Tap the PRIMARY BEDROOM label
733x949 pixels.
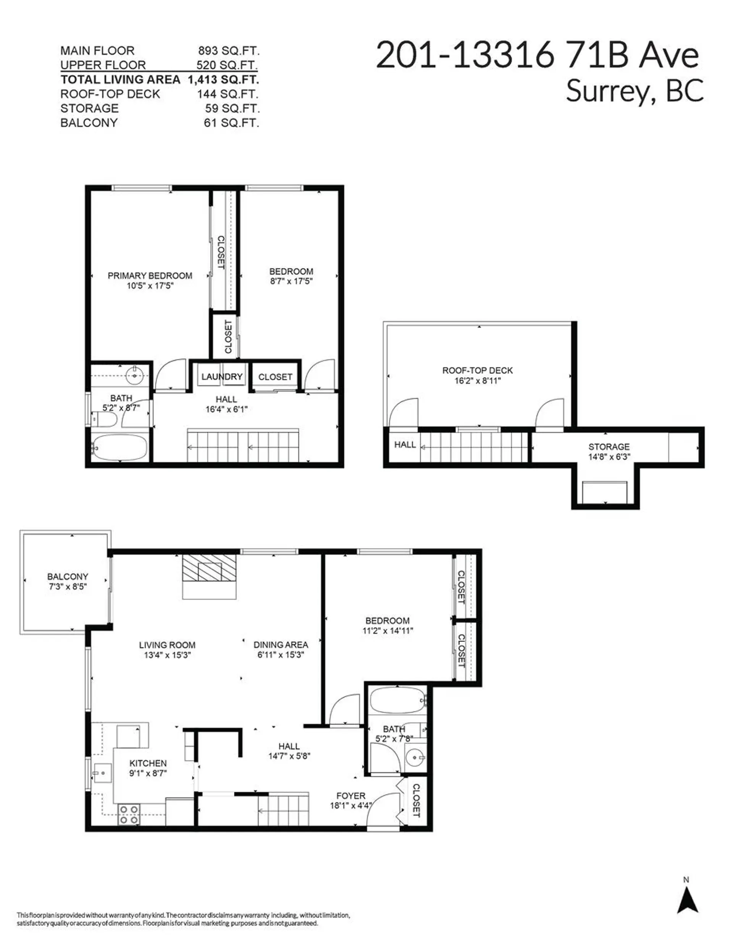coord(150,275)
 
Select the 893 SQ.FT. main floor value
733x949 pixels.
coord(229,51)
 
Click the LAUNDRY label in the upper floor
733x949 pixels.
coord(221,377)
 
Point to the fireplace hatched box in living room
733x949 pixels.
coord(209,567)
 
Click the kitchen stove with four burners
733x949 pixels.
coord(129,814)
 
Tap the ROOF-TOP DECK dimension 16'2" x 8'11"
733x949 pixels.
coord(478,381)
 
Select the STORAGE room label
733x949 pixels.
coord(609,447)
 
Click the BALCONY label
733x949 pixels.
coord(68,577)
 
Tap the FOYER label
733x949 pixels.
coord(350,796)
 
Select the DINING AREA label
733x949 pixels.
coord(281,645)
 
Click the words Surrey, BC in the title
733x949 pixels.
coord(635,91)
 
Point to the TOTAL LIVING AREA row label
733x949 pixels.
coord(120,79)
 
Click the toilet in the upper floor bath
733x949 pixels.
coord(104,419)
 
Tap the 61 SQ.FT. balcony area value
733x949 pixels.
coord(231,123)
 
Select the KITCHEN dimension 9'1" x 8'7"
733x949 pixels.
coord(148,773)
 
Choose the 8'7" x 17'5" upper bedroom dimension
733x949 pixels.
coord(291,281)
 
